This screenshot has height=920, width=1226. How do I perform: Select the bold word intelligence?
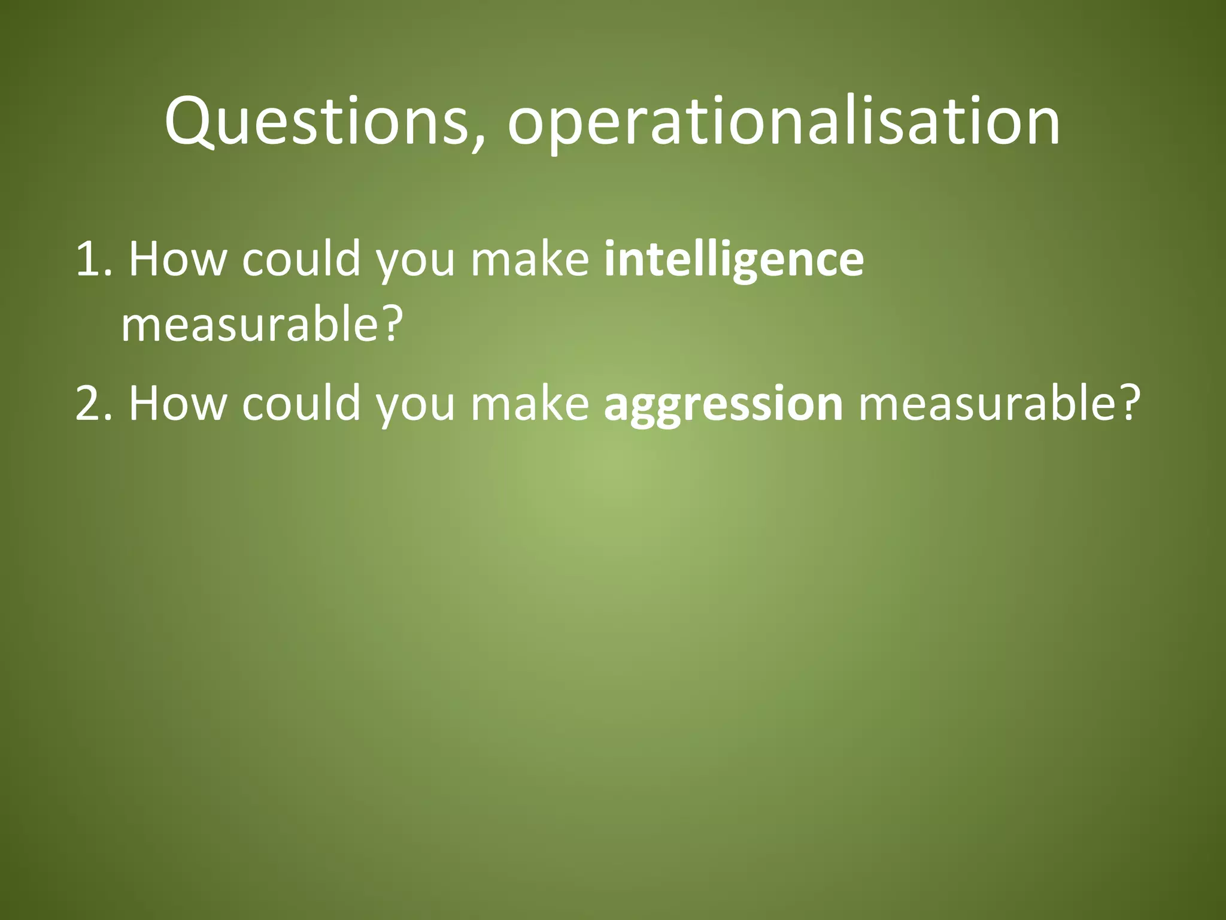(x=734, y=260)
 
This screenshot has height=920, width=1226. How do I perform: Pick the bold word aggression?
(x=723, y=404)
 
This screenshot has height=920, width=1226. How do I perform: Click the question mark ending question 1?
(x=390, y=325)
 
